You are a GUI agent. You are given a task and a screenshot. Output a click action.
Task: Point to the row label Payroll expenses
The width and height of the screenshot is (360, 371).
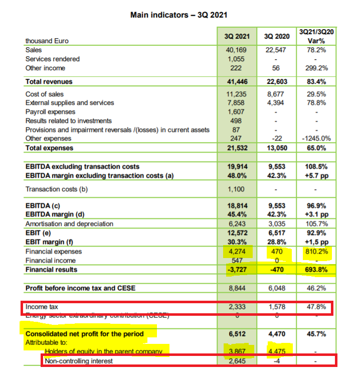50,112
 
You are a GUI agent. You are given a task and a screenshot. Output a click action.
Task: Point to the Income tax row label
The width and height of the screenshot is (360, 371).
40,307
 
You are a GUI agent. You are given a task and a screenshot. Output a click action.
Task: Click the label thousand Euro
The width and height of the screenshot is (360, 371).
47,41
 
